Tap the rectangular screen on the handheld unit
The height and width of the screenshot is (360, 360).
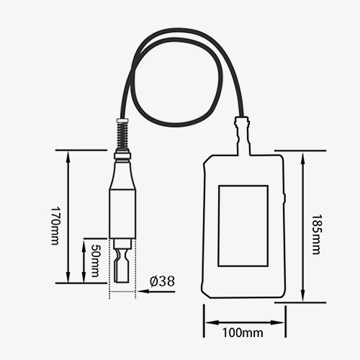click(x=243, y=225)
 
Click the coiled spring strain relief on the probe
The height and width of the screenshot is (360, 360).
click(x=122, y=135)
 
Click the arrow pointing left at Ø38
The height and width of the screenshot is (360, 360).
click(x=144, y=290)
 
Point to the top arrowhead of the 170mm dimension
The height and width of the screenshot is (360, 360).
click(x=68, y=154)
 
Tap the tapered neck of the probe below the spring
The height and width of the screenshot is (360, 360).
click(x=122, y=173)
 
